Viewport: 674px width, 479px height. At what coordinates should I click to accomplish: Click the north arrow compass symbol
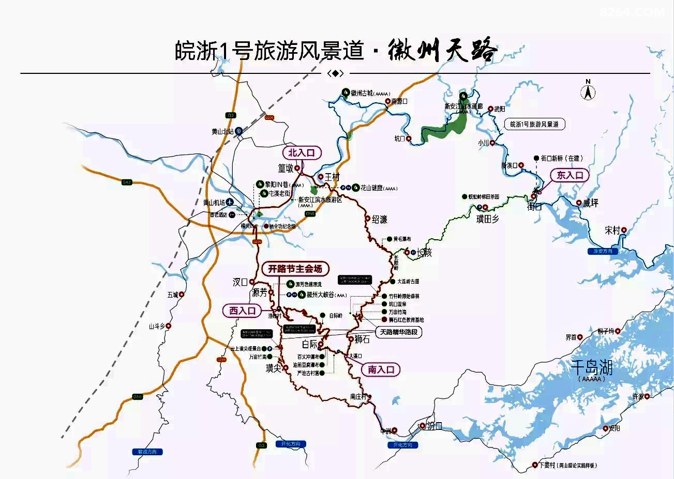(588, 91)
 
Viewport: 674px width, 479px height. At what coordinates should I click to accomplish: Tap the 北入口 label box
(302, 153)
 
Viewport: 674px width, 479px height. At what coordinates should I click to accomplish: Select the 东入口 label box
(570, 175)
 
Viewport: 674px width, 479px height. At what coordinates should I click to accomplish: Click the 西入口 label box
(243, 311)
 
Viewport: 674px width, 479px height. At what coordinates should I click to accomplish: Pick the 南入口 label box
(381, 369)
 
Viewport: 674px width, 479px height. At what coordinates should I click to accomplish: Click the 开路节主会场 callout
(295, 269)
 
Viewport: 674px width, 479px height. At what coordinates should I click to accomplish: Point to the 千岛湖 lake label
(592, 368)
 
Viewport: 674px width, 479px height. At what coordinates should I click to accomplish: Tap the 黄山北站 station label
(223, 132)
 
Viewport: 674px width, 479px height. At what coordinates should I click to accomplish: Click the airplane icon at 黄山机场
(230, 202)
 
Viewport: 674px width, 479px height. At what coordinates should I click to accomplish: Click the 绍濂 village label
(380, 219)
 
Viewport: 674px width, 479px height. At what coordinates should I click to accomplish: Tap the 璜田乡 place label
(487, 219)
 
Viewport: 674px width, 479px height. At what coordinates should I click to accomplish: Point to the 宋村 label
(612, 230)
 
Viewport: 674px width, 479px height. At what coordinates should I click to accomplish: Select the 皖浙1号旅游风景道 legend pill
(534, 125)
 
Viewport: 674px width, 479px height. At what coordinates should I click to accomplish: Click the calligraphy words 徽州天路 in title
(442, 51)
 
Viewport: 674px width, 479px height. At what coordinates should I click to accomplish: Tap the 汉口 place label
(241, 282)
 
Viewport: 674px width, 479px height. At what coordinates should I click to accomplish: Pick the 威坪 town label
(590, 203)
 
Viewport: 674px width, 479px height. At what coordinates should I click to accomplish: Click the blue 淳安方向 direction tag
(603, 251)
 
